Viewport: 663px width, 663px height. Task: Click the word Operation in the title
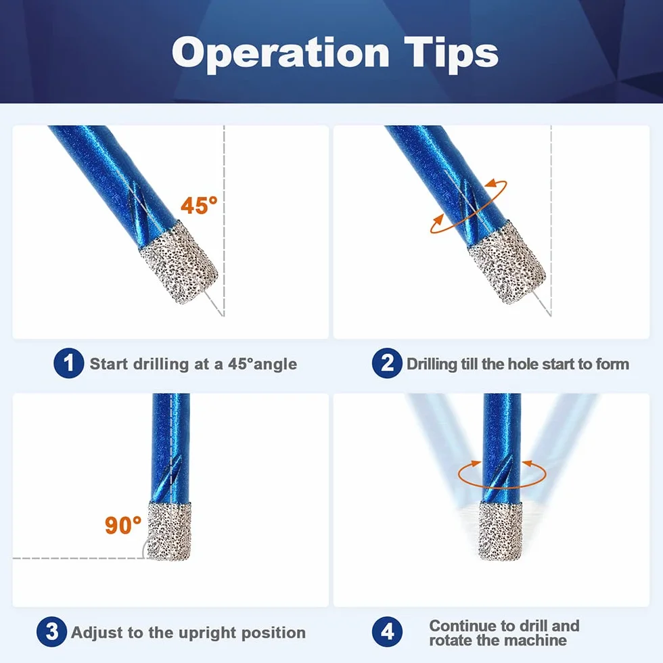(280, 53)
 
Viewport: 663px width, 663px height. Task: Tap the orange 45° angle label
(199, 206)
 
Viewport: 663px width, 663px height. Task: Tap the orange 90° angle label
(123, 525)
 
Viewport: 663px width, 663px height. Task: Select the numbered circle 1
(68, 363)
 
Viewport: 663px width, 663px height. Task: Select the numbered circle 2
(387, 363)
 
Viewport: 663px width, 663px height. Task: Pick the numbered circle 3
(51, 632)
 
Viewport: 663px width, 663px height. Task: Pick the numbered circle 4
(387, 632)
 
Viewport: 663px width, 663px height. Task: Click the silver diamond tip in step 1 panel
(179, 262)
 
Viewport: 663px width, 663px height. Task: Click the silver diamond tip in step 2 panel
(507, 262)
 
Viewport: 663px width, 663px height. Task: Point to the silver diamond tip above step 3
(169, 530)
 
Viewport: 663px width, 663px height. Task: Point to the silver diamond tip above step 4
(500, 530)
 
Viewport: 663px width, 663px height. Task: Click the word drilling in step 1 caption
(161, 365)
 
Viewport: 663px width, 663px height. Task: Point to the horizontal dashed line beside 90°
(81, 559)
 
